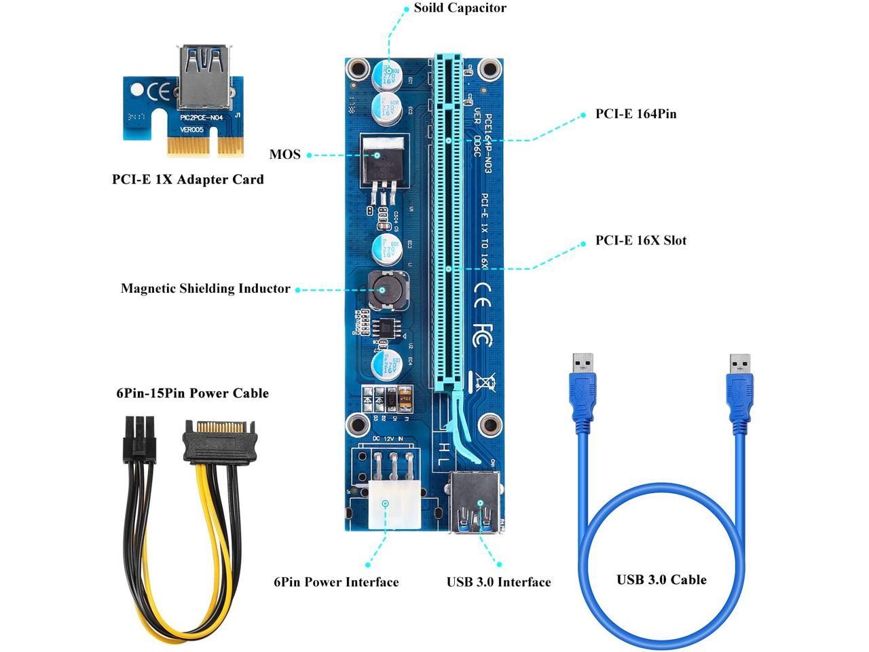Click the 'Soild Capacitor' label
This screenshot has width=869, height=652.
point(460,8)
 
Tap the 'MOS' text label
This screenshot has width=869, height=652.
point(284,154)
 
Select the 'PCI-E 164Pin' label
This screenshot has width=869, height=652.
point(635,114)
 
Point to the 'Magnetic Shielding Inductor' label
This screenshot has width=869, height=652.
point(205,289)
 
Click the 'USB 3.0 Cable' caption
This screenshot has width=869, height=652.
point(661,579)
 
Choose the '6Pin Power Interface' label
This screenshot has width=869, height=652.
point(336,582)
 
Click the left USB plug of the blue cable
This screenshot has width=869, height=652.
point(582,394)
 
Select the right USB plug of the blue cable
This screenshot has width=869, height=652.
point(740,394)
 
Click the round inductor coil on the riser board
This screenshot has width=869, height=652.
point(382,289)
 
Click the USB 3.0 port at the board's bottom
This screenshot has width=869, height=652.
point(475,503)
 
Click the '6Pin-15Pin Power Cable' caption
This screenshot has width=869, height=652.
point(192,393)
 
